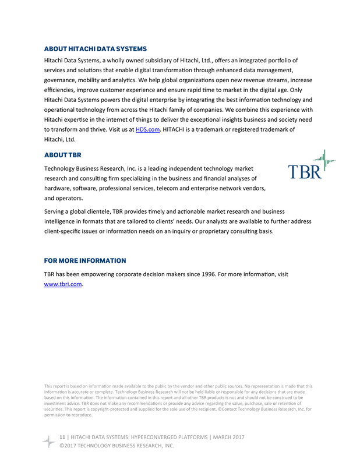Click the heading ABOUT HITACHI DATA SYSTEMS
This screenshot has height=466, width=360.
click(x=95, y=49)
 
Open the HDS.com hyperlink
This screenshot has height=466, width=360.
click(x=147, y=129)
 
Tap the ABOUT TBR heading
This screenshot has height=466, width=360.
click(x=63, y=155)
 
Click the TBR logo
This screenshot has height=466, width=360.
click(x=312, y=166)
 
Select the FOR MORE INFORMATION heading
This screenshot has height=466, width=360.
click(x=85, y=260)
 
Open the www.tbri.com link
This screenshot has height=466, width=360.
click(x=63, y=284)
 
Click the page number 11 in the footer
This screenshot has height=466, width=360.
click(x=63, y=437)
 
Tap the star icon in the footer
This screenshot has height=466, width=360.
click(x=48, y=441)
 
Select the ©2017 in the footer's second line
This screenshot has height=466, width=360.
click(x=68, y=446)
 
